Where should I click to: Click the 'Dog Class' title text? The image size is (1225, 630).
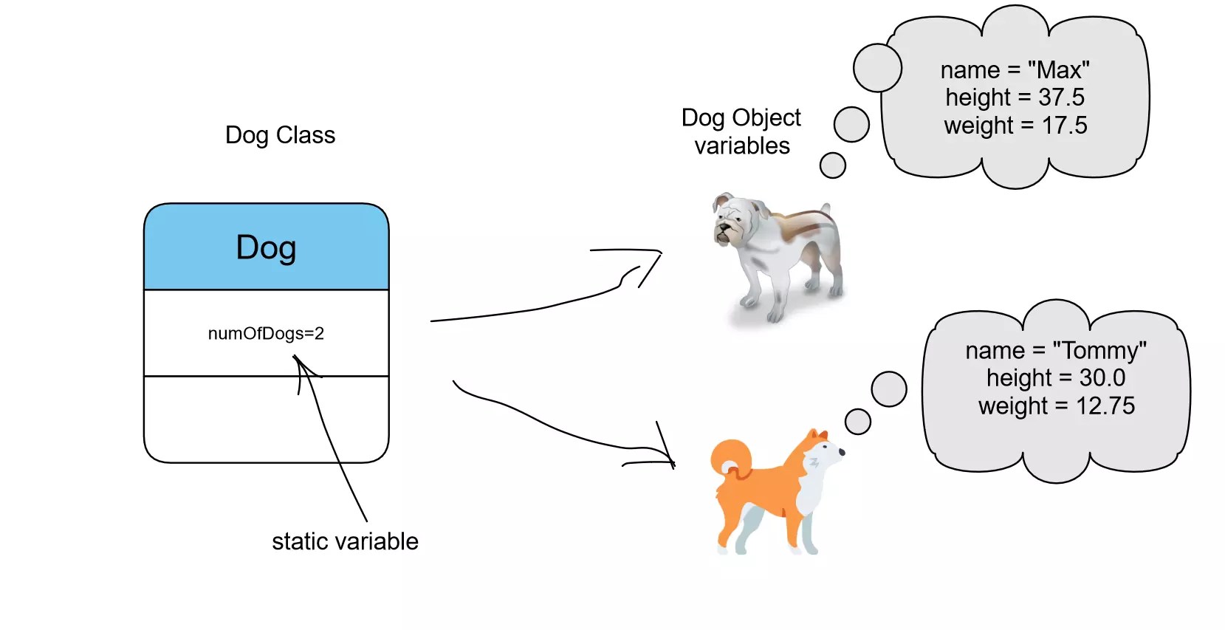[x=280, y=135]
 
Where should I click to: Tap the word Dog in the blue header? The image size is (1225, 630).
[x=266, y=247]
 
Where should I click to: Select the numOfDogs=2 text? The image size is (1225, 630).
[x=266, y=333]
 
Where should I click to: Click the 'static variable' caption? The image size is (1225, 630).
[x=345, y=541]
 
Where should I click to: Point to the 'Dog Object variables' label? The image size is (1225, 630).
[x=741, y=131]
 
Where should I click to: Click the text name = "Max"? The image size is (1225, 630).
[x=1015, y=70]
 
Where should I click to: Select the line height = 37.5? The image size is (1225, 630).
[x=1015, y=97]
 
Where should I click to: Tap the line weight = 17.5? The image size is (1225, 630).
[x=1015, y=126]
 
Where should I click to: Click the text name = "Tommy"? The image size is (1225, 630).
[x=1056, y=350]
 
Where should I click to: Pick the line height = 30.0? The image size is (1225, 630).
[x=1056, y=378]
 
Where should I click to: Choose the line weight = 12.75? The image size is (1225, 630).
[x=1057, y=406]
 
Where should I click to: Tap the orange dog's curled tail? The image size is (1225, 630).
[x=730, y=458]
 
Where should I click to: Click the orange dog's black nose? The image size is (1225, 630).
[x=842, y=452]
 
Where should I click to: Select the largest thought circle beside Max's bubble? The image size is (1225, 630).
[x=877, y=68]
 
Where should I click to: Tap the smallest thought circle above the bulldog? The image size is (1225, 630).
[x=832, y=165]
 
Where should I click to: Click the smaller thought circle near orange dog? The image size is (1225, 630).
[x=857, y=422]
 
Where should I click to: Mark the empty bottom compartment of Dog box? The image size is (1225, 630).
[x=266, y=419]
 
